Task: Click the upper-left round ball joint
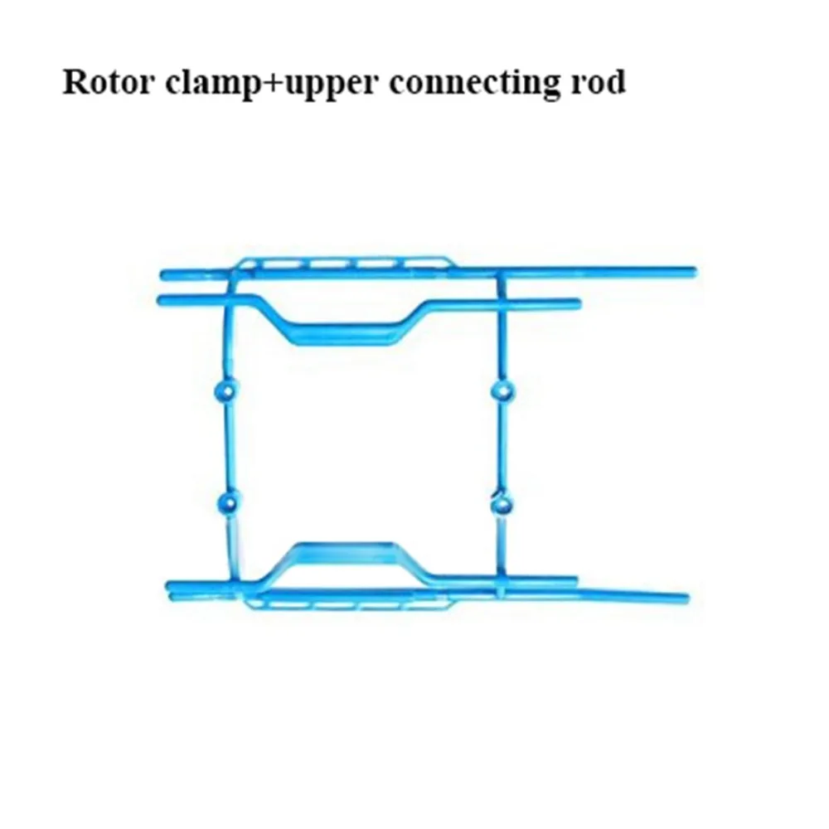pyautogui.click(x=225, y=390)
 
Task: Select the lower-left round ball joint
pyautogui.click(x=225, y=501)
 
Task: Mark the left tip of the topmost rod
pyautogui.click(x=165, y=273)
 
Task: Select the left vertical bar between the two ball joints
pyautogui.click(x=225, y=446)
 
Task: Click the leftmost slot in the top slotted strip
pyautogui.click(x=285, y=265)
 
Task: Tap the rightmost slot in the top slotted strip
pyautogui.click(x=414, y=265)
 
